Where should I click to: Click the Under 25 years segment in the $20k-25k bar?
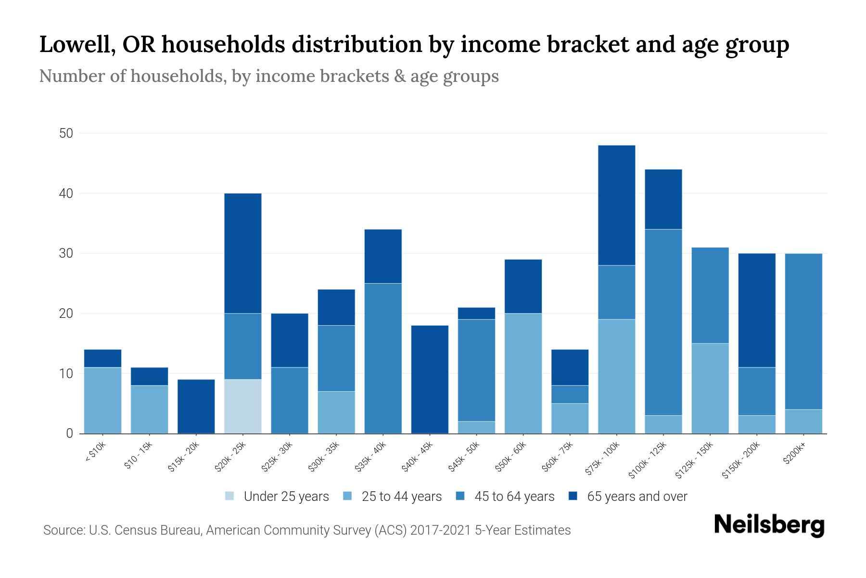tap(243, 406)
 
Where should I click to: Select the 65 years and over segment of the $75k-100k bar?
tap(616, 205)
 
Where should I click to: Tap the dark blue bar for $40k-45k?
tap(430, 380)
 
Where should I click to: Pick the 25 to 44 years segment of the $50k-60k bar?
tap(523, 373)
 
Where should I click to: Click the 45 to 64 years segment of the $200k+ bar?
tap(803, 331)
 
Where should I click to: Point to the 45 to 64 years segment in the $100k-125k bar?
tap(663, 322)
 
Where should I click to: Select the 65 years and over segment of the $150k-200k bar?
tap(756, 310)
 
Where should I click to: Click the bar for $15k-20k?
tap(196, 407)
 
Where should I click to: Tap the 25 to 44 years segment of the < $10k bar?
tap(102, 400)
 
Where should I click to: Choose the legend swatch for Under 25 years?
tap(230, 496)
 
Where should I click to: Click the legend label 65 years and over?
tap(637, 496)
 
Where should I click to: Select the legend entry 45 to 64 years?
tap(514, 496)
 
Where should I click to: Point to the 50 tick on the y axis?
tap(66, 133)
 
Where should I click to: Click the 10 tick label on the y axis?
tap(66, 374)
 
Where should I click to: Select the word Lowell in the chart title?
tap(76, 45)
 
